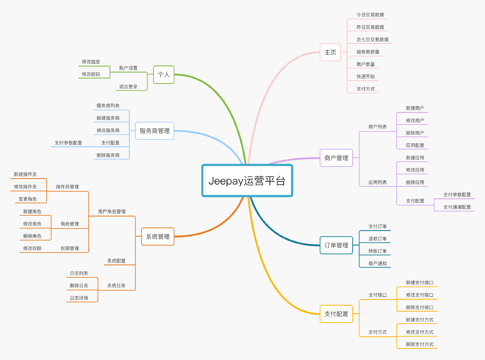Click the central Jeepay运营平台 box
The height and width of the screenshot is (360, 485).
[247, 181]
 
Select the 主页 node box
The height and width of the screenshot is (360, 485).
[330, 52]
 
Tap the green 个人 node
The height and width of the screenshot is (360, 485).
[164, 75]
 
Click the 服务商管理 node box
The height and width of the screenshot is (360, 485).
[155, 131]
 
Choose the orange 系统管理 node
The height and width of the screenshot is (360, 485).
[158, 237]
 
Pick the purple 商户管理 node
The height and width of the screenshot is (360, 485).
[336, 158]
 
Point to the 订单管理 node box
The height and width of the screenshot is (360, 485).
[336, 245]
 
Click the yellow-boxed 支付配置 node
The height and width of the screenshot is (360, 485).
[336, 314]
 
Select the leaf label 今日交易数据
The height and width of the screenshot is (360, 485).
[370, 15]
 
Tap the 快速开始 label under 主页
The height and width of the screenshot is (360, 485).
[365, 76]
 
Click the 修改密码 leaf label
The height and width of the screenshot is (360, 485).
[91, 74]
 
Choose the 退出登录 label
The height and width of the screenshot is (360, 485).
[128, 87]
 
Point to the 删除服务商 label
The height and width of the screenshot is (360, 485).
[108, 155]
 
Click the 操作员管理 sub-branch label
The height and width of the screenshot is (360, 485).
[67, 187]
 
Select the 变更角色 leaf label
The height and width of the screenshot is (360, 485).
[28, 199]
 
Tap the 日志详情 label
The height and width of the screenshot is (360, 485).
[79, 298]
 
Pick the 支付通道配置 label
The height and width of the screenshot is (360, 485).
[457, 207]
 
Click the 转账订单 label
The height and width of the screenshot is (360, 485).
[377, 251]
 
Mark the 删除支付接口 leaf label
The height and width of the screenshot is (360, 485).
[419, 307]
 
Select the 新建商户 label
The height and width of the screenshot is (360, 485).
[415, 108]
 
